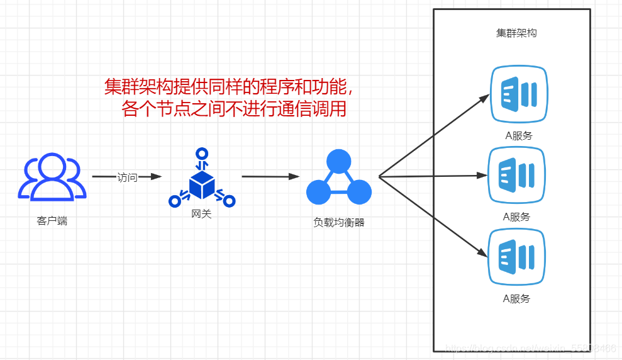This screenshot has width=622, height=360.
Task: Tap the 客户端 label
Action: point(52,221)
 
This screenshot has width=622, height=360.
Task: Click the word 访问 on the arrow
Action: point(127,177)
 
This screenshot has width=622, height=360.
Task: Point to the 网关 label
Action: point(201,214)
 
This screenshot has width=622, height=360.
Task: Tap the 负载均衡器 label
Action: point(339,222)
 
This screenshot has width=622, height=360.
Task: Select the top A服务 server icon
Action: point(519,94)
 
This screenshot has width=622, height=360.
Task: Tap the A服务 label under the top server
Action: point(518,135)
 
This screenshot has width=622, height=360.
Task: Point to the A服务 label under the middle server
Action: point(516,217)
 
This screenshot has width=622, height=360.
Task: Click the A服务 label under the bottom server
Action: point(516,298)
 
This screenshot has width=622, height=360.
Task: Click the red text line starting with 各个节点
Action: point(233,109)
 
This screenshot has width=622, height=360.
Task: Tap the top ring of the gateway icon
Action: point(201,153)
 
